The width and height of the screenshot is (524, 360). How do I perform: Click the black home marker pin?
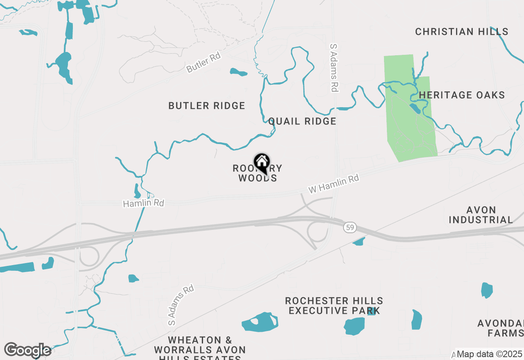click(262, 162)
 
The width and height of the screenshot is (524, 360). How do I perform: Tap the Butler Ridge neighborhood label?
click(207, 106)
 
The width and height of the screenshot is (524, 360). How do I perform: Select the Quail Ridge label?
click(302, 121)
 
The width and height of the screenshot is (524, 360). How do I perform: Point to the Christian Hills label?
click(462, 32)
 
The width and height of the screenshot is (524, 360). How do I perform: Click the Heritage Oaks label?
click(462, 95)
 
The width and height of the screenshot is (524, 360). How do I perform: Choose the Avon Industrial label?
click(481, 215)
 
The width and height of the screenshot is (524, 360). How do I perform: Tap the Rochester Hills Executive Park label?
click(334, 306)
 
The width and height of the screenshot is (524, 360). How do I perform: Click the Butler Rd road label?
click(203, 63)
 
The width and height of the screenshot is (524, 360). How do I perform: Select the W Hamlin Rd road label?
click(333, 184)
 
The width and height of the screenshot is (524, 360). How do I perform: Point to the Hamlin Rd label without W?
click(143, 203)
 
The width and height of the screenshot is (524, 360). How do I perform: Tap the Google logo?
click(27, 350)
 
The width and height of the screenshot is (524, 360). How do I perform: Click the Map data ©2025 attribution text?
click(489, 354)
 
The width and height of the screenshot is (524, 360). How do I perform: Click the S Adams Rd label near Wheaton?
click(181, 305)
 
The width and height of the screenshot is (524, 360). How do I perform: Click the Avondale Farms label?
click(500, 328)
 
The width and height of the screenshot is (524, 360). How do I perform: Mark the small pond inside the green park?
click(414, 108)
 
